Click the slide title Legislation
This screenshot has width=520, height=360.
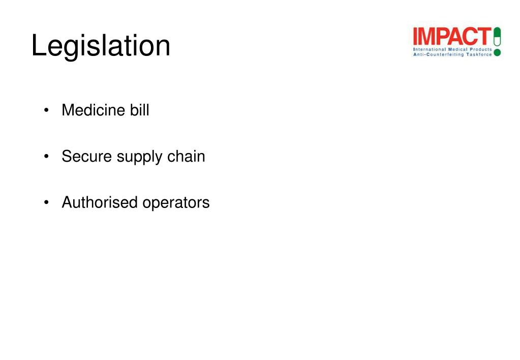coord(101,46)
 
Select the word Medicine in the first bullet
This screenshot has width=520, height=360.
coord(88,110)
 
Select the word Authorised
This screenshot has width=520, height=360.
coord(100,202)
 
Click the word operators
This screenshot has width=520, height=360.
coord(176,203)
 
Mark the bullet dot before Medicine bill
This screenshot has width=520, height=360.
coord(47,110)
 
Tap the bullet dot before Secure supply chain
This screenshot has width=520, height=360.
coord(47,157)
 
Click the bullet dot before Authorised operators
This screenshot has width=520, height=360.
coord(47,203)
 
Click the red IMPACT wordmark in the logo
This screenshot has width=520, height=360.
coord(452,36)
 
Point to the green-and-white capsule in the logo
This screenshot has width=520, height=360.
coord(497,36)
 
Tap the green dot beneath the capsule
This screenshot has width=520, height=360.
coord(497,52)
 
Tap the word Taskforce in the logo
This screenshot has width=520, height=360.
coord(479,54)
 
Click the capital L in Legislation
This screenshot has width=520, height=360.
coord(37,46)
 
